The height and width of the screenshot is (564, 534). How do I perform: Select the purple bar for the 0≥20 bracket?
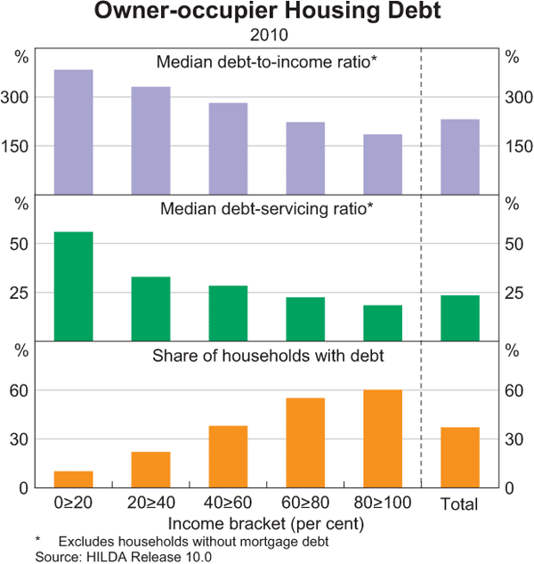pos(74,132)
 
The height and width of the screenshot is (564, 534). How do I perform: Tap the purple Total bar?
pos(460,157)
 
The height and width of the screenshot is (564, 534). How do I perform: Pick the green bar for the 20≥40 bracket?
pos(150,309)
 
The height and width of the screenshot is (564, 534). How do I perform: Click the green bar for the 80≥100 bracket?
pos(383,323)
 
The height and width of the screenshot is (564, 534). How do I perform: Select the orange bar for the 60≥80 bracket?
pos(305,442)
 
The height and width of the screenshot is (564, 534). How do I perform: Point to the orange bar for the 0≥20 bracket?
pos(74,479)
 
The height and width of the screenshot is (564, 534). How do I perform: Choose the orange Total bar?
pos(460,457)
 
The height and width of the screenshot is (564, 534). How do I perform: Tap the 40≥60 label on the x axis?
pos(228,504)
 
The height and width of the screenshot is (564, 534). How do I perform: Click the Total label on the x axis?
pos(460,504)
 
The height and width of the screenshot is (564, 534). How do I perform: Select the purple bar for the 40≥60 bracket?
pos(228,149)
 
